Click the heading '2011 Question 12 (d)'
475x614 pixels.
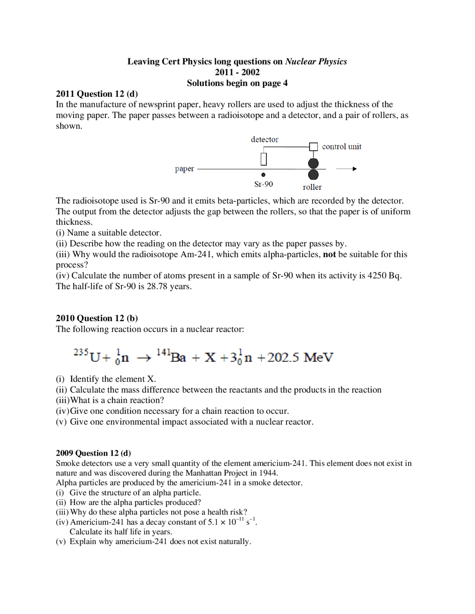[96, 94]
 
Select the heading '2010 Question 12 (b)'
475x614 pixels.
[96, 318]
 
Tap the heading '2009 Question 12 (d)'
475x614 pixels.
[93, 453]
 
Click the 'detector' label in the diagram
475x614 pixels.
[264, 139]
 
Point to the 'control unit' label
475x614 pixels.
[341, 146]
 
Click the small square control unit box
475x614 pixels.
[314, 147]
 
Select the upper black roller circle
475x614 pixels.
[314, 163]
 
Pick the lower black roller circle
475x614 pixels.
[314, 175]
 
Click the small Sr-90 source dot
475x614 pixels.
[263, 175]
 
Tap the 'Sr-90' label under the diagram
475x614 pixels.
[263, 184]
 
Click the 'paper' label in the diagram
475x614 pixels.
[184, 169]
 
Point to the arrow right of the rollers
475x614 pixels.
[346, 169]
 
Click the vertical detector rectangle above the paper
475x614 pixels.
[263, 159]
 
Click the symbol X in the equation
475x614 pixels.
[210, 357]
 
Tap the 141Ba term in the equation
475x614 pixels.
[171, 356]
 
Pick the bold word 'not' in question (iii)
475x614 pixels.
[329, 254]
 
